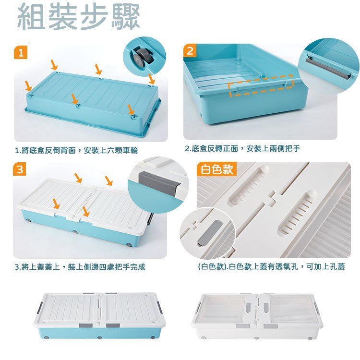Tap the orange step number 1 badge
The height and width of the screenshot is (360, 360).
[21, 52]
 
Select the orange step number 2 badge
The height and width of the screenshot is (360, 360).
[190, 50]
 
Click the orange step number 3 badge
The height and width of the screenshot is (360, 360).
[20, 169]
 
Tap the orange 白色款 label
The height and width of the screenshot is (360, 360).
[217, 169]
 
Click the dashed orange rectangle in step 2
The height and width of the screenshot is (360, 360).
[261, 85]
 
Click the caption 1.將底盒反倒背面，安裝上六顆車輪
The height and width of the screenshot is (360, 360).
[76, 150]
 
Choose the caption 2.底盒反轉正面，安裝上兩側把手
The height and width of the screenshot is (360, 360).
[242, 148]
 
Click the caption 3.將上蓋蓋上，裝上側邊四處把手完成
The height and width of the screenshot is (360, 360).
[80, 267]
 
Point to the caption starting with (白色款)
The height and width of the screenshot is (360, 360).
[271, 266]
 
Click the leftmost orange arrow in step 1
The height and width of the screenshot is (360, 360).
[28, 85]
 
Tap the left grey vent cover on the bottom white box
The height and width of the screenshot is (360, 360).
[249, 307]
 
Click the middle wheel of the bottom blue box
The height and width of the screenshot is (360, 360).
[99, 338]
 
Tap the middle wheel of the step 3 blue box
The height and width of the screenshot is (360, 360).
[75, 231]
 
